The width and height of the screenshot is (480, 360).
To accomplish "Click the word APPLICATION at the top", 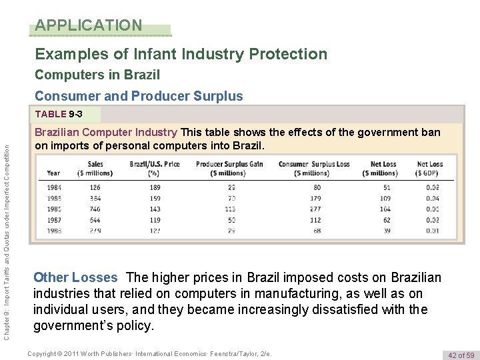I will tap(89, 25).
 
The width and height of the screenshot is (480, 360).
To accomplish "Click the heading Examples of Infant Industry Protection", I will tap(181, 54).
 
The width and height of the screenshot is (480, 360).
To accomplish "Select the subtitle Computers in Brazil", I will tap(97, 75).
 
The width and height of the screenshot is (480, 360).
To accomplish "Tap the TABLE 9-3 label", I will tap(67, 115).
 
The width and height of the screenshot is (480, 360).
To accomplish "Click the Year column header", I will tap(53, 173).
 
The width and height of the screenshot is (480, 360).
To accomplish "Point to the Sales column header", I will tap(95, 168).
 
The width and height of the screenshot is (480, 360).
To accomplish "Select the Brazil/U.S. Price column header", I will tap(155, 168).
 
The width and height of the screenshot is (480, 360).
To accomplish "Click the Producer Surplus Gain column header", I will tap(229, 168).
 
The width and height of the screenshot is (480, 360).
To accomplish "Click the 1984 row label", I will tap(54, 187).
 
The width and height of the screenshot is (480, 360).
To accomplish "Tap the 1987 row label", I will tap(54, 219).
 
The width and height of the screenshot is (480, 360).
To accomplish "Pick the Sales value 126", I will tap(95, 187).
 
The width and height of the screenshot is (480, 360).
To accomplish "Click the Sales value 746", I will tap(95, 209).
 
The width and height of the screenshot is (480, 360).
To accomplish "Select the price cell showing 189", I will tap(155, 187).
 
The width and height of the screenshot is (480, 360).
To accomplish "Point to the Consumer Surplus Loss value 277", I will tap(315, 209).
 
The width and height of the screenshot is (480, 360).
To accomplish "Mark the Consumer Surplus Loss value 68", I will tap(316, 230).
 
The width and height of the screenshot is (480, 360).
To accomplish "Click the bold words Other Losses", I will tap(75, 277).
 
